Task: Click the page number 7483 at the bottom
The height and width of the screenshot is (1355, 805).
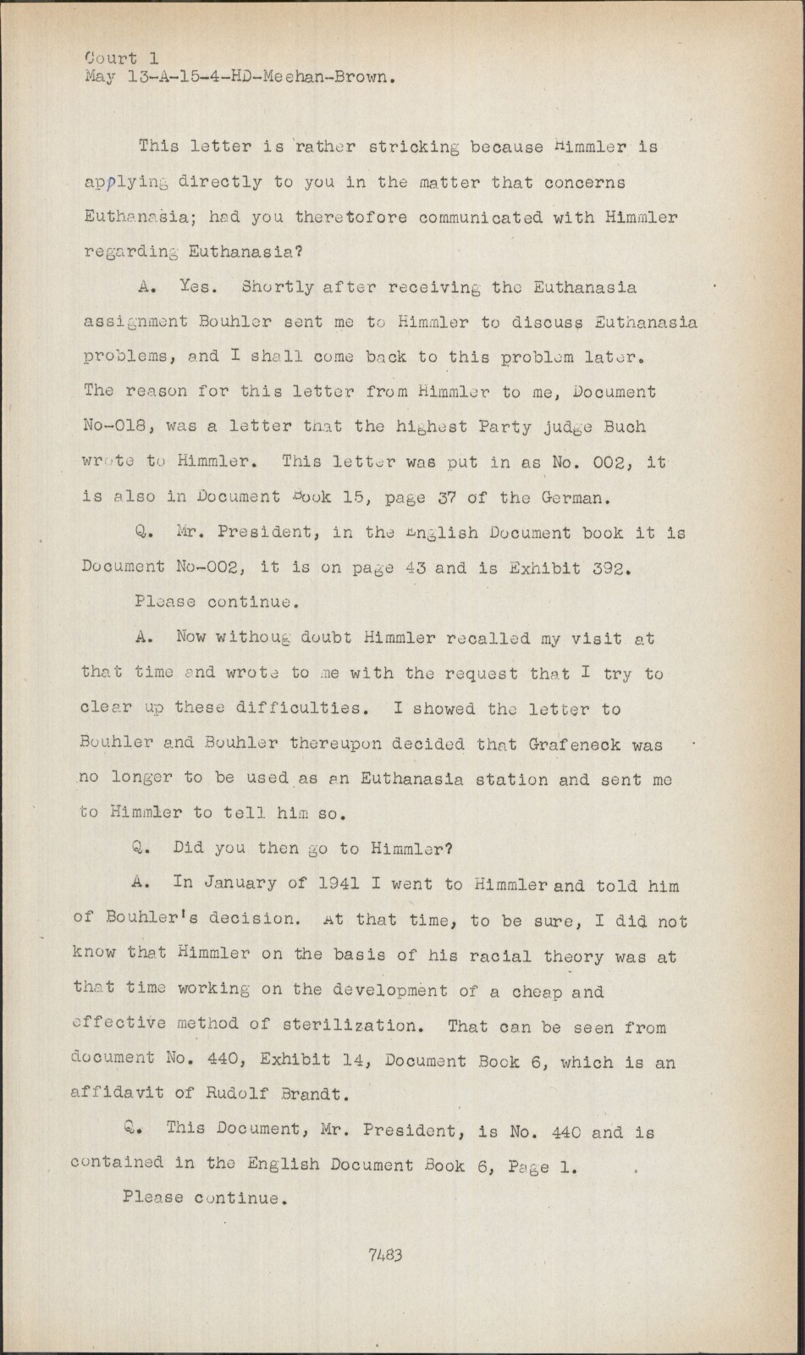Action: [x=385, y=1254]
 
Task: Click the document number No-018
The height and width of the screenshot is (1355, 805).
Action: [x=119, y=428]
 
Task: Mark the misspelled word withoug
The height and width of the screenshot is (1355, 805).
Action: [x=254, y=639]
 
